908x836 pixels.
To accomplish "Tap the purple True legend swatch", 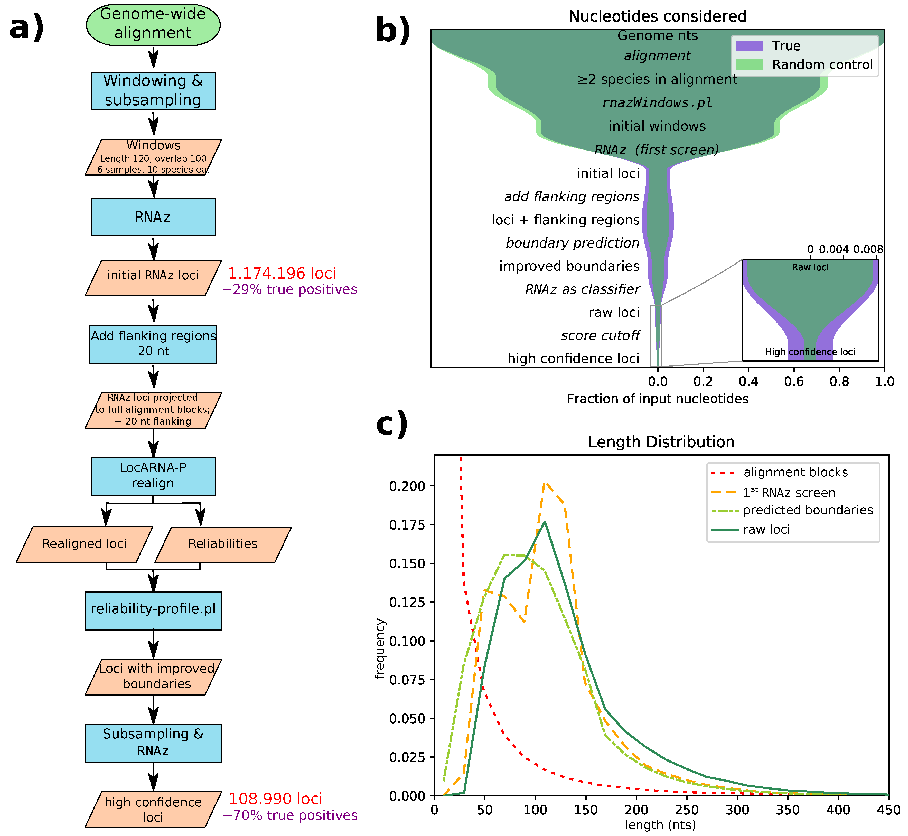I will point(749,46).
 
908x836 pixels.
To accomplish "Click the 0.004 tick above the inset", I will point(833,249).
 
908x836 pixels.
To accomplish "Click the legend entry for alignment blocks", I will point(795,472).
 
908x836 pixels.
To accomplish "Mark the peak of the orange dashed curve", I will point(546,483).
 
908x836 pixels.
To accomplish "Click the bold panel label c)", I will point(392,424).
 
